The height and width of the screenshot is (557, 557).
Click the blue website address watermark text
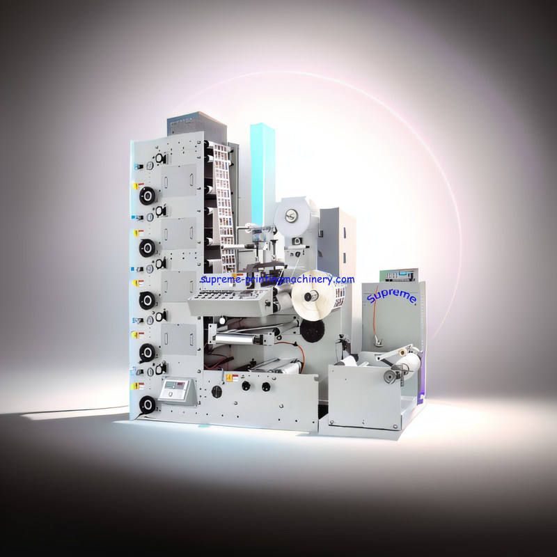pyautogui.click(x=277, y=280)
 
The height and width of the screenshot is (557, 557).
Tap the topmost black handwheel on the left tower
pyautogui.click(x=147, y=196)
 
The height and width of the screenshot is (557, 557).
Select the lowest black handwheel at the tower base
pyautogui.click(x=147, y=405)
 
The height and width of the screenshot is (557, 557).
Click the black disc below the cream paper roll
pyautogui.click(x=312, y=331)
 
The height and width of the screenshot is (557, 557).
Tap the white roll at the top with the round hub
pyautogui.click(x=292, y=214)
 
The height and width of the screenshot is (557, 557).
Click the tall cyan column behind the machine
pyautogui.click(x=262, y=174)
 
